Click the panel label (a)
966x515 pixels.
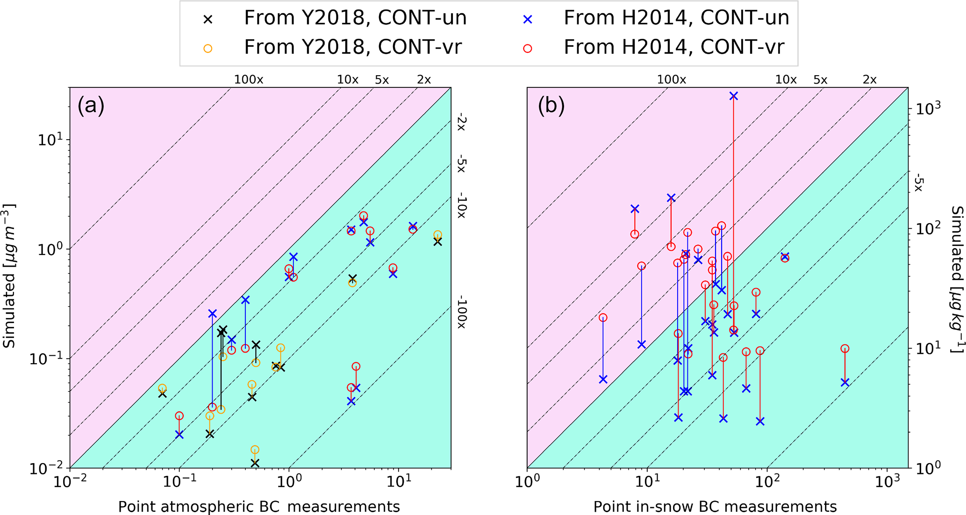91,106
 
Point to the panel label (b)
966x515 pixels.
551,106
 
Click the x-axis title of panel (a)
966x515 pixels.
258,506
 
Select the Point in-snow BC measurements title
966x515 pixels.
715,506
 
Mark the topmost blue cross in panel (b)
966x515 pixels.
733,96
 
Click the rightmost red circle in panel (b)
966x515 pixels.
844,348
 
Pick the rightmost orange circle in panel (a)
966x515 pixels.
437,235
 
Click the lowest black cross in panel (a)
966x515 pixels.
255,463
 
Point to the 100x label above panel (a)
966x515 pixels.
249,80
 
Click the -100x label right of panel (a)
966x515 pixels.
461,311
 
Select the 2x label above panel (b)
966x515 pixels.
869,80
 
